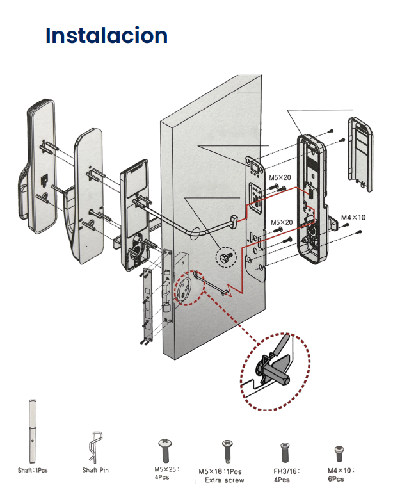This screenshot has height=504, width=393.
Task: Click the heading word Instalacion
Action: (x=106, y=35)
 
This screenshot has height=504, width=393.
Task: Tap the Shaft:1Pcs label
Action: (x=33, y=470)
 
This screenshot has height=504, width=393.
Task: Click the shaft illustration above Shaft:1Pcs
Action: (x=32, y=431)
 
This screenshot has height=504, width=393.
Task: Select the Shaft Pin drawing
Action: (x=95, y=447)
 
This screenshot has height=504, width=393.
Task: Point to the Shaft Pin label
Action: (x=95, y=470)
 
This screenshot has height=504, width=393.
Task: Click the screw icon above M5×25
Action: (x=165, y=451)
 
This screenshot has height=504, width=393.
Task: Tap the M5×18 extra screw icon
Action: (x=228, y=451)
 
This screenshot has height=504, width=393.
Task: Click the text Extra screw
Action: (x=224, y=480)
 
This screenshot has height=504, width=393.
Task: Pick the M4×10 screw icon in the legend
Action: (x=339, y=453)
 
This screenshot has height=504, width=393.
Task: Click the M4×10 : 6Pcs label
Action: (x=341, y=475)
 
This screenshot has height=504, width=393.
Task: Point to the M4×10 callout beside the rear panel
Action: (x=353, y=218)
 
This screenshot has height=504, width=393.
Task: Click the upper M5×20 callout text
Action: (x=280, y=177)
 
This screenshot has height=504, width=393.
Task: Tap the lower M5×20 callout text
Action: (x=282, y=222)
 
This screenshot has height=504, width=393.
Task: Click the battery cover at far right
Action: (x=360, y=154)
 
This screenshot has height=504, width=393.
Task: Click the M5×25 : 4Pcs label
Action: (x=166, y=473)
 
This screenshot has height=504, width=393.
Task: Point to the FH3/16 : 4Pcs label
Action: (x=286, y=475)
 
